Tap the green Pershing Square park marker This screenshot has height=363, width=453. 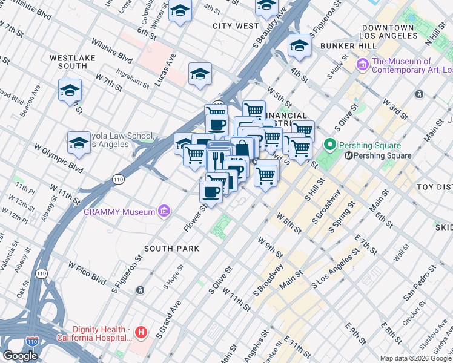(x=329, y=145)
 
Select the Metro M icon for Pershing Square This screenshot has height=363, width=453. (x=349, y=155)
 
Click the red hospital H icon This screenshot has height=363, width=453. (x=141, y=332)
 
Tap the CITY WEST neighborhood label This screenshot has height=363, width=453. (x=236, y=26)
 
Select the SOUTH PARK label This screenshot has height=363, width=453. (x=168, y=249)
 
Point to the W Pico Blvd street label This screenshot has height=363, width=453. (x=88, y=273)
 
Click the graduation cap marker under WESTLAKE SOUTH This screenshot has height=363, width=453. (x=70, y=91)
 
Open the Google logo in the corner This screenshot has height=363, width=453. (x=20, y=356)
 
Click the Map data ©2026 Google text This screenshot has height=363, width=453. (x=416, y=358)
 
